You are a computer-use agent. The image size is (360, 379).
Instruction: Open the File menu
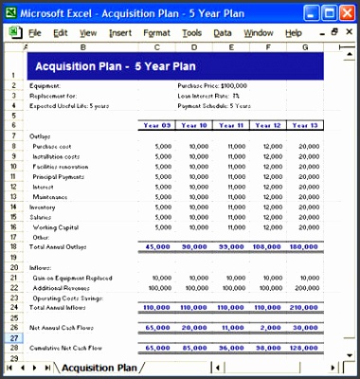point(35,32)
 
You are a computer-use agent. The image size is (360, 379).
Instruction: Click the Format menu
point(157,32)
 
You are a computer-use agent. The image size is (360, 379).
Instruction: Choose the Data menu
point(223,32)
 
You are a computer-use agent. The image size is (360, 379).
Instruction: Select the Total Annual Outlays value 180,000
point(303,246)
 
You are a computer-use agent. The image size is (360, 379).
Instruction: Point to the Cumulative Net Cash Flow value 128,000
point(303,347)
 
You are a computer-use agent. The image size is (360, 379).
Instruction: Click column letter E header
point(230,45)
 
